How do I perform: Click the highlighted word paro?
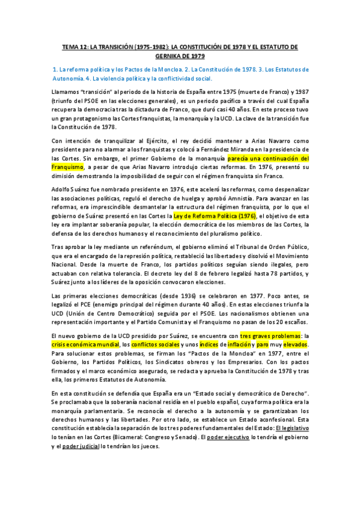(x=262, y=345)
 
